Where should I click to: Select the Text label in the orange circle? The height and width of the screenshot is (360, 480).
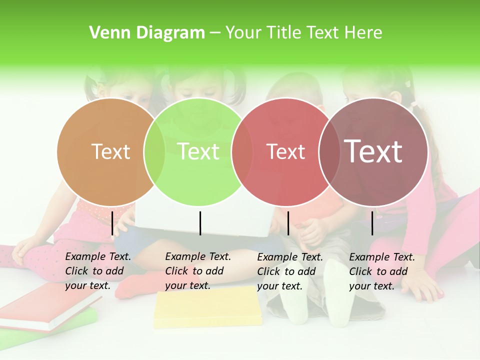pos(110,151)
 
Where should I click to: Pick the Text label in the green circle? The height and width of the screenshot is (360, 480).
pos(198,151)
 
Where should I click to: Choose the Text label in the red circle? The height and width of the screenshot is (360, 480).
pos(285,151)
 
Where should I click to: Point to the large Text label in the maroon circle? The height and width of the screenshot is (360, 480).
pos(373,151)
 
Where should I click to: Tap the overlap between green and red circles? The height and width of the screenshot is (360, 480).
pos(242,152)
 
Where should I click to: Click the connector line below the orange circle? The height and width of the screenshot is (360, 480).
pos(112,223)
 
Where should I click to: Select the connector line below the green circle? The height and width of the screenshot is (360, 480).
pos(200,223)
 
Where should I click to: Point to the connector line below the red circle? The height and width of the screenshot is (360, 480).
pos(288,223)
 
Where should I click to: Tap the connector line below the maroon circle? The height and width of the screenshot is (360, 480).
pos(372,223)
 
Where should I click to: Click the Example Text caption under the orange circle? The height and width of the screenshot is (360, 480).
pos(97,271)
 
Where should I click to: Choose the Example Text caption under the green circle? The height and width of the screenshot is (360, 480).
pos(197,271)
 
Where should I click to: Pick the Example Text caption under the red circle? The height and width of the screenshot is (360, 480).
pos(289,271)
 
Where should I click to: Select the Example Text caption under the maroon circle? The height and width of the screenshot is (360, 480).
pos(381,271)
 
